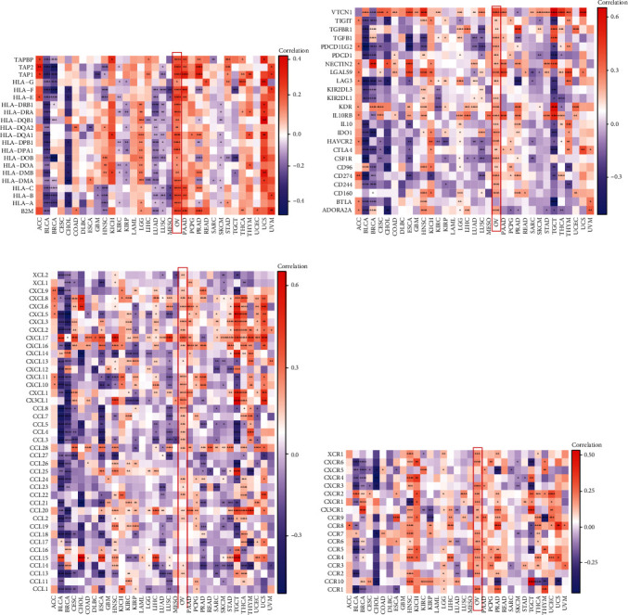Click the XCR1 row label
point(338,453)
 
